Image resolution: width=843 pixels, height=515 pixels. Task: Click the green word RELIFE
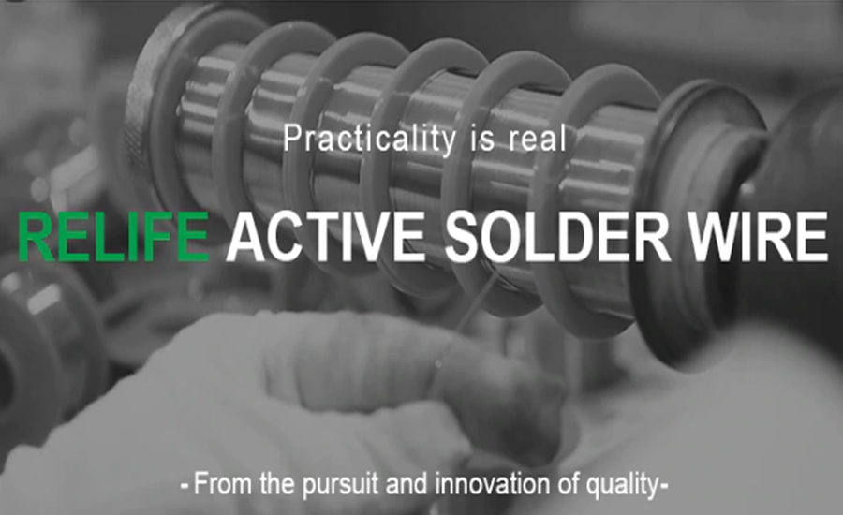coord(113,237)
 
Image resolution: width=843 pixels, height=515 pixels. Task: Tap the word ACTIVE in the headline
coord(325,237)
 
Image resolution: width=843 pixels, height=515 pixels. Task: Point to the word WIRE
coord(759,237)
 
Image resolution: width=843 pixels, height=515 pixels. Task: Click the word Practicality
coord(369,139)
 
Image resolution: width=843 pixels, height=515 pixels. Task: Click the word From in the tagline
coord(222,483)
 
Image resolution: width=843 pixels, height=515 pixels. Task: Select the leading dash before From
coord(185,486)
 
